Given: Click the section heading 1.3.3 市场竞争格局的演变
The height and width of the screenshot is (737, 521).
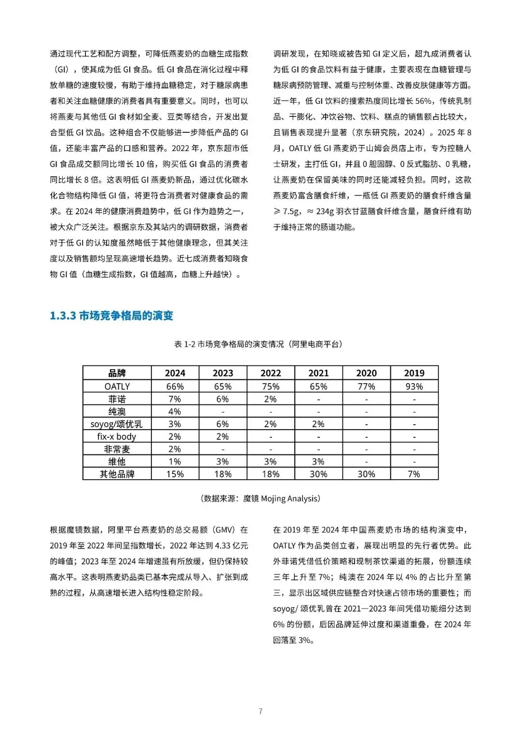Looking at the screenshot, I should click(111, 316).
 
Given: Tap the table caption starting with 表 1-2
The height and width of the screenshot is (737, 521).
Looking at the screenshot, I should click(259, 344).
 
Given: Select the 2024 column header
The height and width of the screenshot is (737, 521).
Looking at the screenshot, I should click(175, 373).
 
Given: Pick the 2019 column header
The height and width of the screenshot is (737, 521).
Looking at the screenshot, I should click(414, 373).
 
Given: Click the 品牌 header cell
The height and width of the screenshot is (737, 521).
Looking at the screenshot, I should click(117, 373).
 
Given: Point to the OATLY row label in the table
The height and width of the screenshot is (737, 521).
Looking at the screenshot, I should click(117, 387).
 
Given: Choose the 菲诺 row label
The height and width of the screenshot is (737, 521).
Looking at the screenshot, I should click(117, 399).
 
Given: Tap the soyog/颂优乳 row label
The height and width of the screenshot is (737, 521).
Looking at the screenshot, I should click(117, 424).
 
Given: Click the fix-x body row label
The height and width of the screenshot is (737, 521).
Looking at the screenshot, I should click(117, 437).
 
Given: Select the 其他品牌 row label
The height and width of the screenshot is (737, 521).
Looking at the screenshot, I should click(117, 474).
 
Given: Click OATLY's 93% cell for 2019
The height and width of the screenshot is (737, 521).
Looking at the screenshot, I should click(414, 387).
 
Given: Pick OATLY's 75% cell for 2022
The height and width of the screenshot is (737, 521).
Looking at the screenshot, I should click(270, 387).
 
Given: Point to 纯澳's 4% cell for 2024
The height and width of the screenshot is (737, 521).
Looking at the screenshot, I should click(175, 412).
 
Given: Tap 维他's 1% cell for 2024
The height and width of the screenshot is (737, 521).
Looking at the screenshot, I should click(175, 462).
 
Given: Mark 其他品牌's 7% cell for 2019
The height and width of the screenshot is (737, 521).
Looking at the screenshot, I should click(414, 474).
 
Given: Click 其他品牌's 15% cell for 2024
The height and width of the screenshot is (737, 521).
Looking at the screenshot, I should click(175, 474).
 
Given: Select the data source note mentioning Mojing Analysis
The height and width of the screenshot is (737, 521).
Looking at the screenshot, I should click(260, 499).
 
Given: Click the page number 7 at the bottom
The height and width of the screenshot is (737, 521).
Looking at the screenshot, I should click(260, 711).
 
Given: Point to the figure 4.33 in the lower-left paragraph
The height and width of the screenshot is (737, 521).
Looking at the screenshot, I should click(222, 546).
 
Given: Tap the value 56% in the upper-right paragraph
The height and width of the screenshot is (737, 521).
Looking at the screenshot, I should click(423, 101).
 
